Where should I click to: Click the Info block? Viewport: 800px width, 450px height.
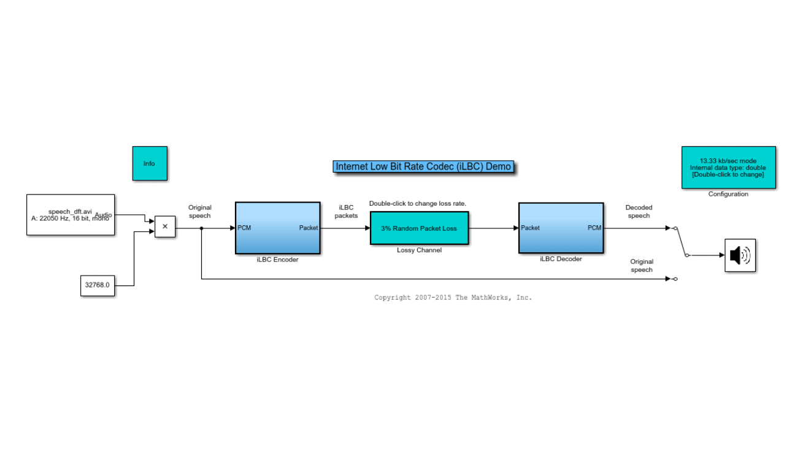150,163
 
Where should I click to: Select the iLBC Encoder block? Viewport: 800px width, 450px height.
277,228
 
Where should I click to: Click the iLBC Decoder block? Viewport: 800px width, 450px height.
561,228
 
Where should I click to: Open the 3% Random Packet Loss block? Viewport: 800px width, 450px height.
419,228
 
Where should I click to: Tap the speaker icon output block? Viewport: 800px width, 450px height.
740,255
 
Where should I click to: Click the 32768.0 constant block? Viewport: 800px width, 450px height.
98,285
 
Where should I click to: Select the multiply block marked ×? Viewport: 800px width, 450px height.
165,227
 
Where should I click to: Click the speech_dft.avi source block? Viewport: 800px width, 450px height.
71,215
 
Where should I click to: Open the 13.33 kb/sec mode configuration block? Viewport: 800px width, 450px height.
728,167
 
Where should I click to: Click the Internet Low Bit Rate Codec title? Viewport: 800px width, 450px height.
423,166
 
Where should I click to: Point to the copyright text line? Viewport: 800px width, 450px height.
453,298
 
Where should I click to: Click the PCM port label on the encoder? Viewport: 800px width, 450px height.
244,228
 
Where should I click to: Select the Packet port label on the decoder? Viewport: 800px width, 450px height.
530,228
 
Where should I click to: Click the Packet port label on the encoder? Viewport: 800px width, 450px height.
309,228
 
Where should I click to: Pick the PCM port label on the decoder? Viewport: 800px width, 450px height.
594,228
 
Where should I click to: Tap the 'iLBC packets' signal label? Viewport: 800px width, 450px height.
346,212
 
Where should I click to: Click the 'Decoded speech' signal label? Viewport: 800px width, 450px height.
639,212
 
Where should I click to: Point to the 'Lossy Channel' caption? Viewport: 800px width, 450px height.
419,250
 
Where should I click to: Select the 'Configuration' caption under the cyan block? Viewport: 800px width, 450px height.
728,194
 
